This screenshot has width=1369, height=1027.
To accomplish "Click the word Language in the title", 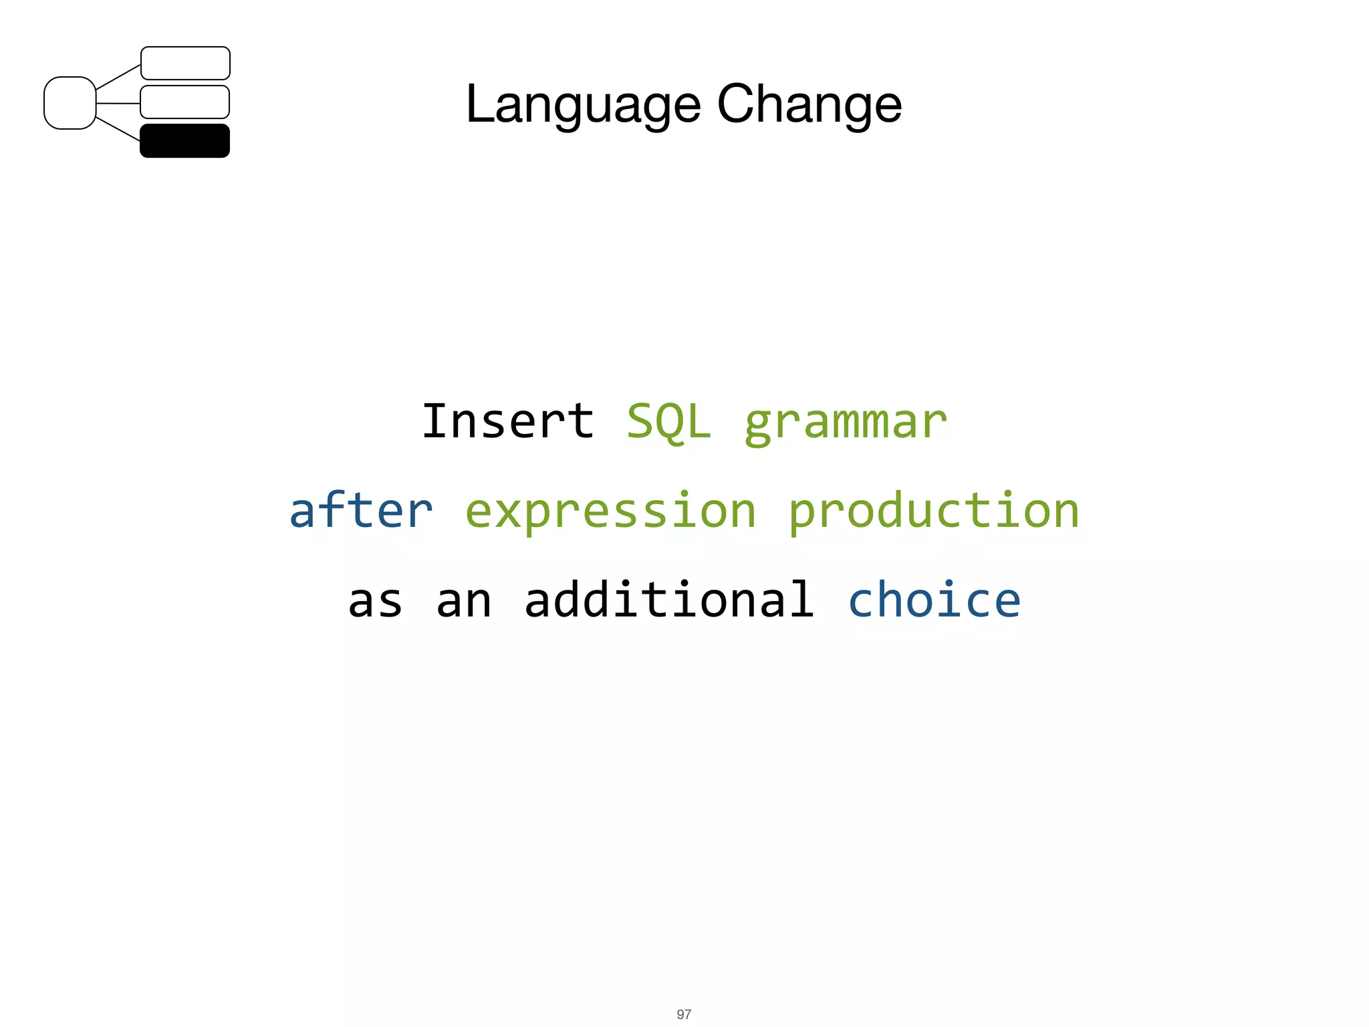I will tap(583, 105).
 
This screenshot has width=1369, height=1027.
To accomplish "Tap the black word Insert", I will tap(507, 421).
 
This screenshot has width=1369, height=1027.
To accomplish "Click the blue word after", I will tap(361, 510).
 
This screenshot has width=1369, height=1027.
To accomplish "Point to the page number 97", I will tap(684, 1014).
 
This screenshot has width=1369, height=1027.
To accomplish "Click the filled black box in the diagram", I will tap(184, 141).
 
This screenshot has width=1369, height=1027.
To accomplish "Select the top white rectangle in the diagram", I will tap(185, 63).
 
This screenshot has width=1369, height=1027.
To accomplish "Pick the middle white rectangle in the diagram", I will tap(184, 102).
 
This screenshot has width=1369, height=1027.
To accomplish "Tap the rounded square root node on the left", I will tap(70, 103).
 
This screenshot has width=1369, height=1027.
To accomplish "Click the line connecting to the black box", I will tap(118, 129).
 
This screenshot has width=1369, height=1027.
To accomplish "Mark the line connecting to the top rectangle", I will tap(118, 78).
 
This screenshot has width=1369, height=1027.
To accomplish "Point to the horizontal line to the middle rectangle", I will tap(118, 104).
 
